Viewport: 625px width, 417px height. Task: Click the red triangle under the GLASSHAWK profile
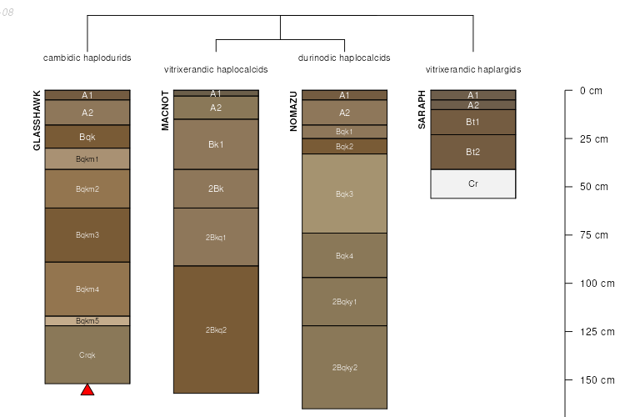(87, 389)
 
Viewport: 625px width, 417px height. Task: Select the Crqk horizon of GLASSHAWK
(87, 354)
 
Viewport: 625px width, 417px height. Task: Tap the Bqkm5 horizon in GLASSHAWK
(87, 321)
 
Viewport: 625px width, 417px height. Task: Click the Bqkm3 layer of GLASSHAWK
(87, 234)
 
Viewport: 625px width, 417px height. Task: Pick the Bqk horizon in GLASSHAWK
(87, 136)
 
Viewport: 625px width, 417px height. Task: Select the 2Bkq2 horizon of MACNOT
(216, 329)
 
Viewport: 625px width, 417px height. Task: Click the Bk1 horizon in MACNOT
(216, 144)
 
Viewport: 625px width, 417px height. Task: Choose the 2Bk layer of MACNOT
(216, 188)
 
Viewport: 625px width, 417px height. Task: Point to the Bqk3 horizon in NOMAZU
(344, 193)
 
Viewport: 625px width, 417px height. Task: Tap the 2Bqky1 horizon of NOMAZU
(344, 301)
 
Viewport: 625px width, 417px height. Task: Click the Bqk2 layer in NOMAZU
(344, 147)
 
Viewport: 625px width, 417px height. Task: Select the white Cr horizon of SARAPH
(472, 183)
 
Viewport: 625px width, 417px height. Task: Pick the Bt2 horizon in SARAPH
(472, 152)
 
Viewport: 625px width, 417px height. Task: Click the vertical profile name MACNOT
(165, 110)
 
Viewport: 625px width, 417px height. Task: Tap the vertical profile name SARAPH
(422, 109)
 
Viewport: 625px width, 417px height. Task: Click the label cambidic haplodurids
(87, 58)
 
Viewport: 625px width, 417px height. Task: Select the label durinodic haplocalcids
(344, 58)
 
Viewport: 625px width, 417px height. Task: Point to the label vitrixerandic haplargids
(472, 69)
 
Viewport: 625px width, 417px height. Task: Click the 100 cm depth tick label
(597, 284)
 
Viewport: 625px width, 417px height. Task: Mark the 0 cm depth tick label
(591, 90)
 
